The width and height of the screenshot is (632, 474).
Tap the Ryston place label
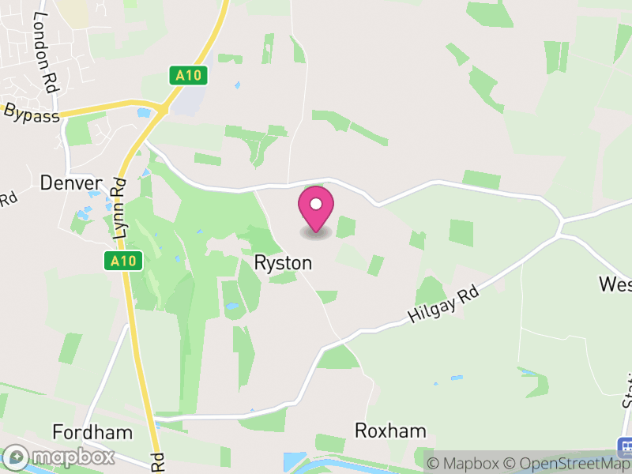coord(283,263)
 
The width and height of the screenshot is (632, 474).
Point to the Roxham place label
coord(390,431)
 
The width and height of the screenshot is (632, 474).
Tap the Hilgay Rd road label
coord(444,304)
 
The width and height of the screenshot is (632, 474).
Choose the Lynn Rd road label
coord(120,210)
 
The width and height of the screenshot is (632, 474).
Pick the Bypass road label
coord(32,115)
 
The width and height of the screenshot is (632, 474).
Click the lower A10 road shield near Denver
coord(123,261)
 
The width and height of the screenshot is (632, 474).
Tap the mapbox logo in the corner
coord(59,457)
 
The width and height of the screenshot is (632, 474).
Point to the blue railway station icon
coord(624,447)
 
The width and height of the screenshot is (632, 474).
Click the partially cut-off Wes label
coord(615,284)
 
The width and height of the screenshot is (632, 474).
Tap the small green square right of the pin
coord(345,227)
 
